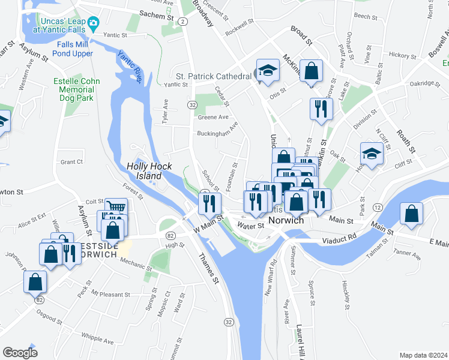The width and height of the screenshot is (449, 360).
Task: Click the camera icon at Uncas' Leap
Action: pyautogui.click(x=92, y=24)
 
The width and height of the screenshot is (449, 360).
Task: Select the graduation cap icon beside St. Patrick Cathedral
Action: pyautogui.click(x=268, y=71)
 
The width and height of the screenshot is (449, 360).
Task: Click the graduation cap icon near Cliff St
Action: pyautogui.click(x=372, y=155)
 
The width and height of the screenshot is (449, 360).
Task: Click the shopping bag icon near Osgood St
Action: pyautogui.click(x=35, y=281)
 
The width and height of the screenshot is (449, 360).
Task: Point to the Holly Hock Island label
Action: pyautogui.click(x=149, y=171)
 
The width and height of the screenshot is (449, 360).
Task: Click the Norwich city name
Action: pyautogui.click(x=288, y=220)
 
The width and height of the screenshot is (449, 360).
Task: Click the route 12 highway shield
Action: pyautogui.click(x=377, y=207)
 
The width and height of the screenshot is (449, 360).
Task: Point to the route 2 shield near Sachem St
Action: pyautogui.click(x=182, y=21)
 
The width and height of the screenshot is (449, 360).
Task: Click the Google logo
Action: pyautogui.click(x=20, y=352)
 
